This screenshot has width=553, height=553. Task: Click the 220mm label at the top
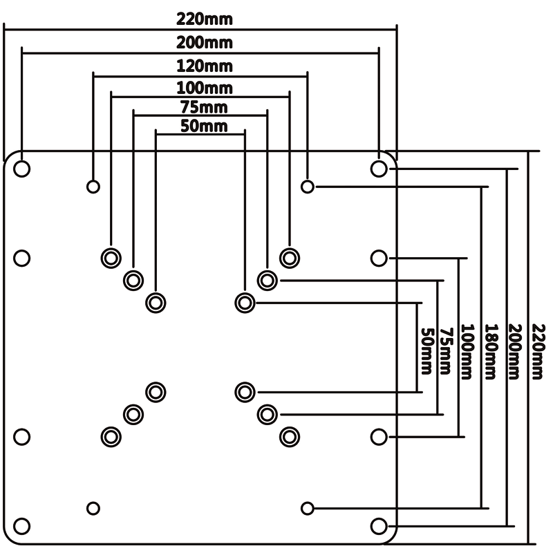[x=200, y=18]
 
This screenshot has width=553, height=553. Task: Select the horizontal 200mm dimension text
[x=200, y=43]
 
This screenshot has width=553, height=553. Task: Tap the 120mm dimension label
[x=200, y=67]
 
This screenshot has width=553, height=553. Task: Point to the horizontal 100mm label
[x=200, y=88]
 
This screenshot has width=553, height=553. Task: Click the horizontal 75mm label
[x=200, y=107]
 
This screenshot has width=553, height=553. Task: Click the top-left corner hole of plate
[x=22, y=168]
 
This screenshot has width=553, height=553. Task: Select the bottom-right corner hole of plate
[x=378, y=525]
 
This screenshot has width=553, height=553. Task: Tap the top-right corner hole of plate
[x=378, y=168]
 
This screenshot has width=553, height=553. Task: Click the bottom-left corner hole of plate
[x=22, y=525]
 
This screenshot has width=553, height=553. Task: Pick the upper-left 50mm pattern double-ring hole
[x=156, y=302]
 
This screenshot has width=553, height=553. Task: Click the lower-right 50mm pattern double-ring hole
[x=244, y=392]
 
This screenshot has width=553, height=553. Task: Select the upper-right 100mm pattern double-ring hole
[x=289, y=257]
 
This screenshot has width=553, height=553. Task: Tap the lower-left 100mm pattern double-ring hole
[x=111, y=436]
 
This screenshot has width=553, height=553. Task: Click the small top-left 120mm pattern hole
[x=93, y=187]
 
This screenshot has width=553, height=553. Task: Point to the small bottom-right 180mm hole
[x=308, y=508]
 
